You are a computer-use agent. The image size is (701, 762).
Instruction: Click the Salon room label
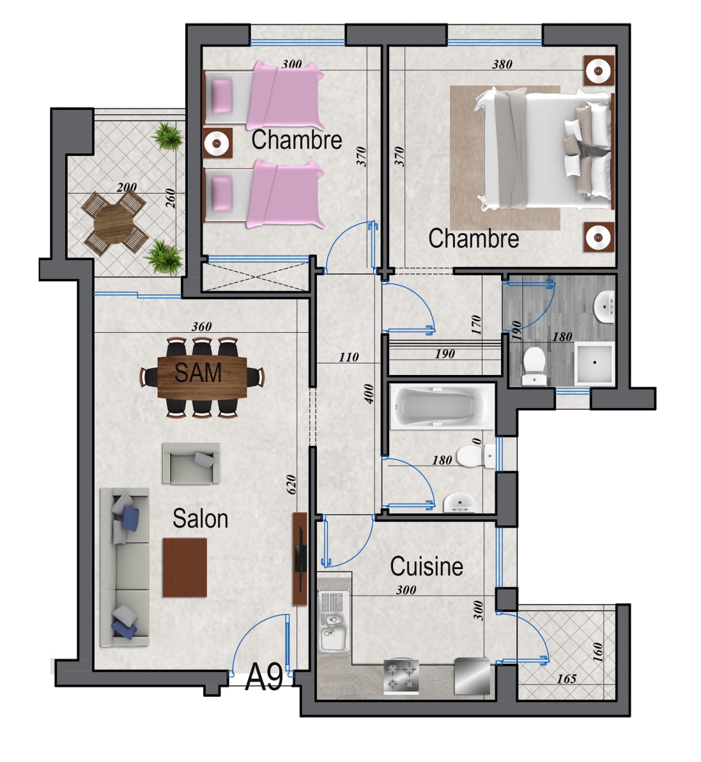tap(200, 519)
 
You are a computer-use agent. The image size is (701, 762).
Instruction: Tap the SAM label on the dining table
tap(198, 373)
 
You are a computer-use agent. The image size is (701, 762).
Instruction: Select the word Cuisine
tap(426, 567)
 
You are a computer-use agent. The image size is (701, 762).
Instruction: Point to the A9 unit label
tap(264, 677)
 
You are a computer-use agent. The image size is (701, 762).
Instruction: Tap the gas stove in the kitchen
tap(401, 676)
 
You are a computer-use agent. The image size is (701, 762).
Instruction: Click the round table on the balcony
tap(114, 223)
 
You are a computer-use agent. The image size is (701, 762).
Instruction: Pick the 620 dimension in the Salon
tap(291, 485)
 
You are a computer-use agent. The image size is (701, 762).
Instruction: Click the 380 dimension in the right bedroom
tap(502, 64)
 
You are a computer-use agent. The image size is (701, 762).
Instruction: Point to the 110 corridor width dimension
tap(348, 357)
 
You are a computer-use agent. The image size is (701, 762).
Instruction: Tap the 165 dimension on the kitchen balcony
tap(566, 678)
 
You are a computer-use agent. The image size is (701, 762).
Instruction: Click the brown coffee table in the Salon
tap(185, 567)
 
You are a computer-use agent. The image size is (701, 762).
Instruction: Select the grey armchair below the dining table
tap(191, 463)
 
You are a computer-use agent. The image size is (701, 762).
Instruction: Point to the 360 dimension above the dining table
tap(201, 326)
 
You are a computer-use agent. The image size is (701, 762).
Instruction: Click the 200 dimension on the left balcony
tap(127, 187)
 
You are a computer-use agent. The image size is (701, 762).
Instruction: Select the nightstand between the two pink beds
tap(217, 143)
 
